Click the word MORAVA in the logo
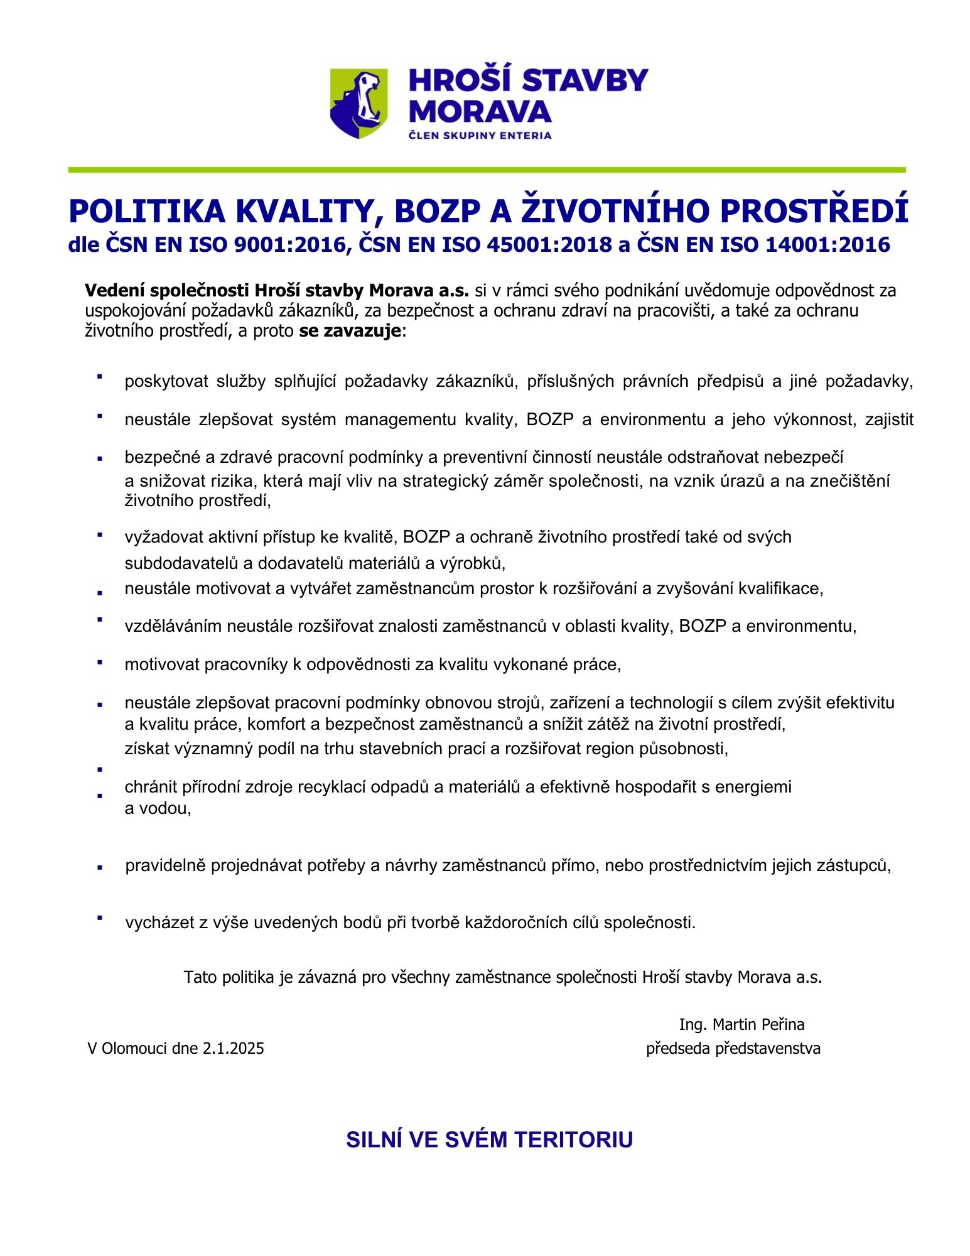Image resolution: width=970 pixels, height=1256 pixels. tap(480, 111)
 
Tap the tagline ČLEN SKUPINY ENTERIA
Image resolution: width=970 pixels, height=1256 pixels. tap(480, 135)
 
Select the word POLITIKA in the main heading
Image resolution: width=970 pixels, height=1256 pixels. tap(147, 212)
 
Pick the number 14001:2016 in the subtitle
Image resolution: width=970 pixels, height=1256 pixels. tap(827, 244)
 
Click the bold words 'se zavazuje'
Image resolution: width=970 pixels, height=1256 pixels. tap(350, 331)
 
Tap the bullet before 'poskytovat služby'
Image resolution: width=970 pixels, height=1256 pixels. tap(99, 376)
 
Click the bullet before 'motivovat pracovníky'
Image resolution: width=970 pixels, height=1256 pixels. tap(99, 661)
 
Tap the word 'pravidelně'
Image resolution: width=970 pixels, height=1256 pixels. tap(166, 865)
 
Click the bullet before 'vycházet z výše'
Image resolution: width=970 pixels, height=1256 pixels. tap(99, 918)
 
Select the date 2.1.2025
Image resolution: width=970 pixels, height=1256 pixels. tap(233, 1048)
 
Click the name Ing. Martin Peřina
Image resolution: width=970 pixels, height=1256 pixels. tap(741, 1024)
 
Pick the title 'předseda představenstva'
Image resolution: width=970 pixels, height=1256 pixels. tap(733, 1048)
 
